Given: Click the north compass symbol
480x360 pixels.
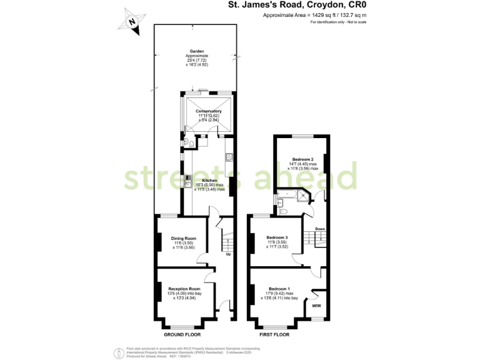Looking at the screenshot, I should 132,21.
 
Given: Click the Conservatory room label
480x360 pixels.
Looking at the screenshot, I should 209,111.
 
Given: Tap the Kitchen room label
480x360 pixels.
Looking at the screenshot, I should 209,180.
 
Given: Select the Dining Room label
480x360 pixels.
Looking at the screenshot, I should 183,237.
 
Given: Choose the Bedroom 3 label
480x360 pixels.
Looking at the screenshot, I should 277,237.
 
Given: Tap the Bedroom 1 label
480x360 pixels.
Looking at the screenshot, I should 278,288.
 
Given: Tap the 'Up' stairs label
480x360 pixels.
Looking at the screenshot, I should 228,254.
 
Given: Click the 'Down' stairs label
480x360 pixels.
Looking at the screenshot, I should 319,229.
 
